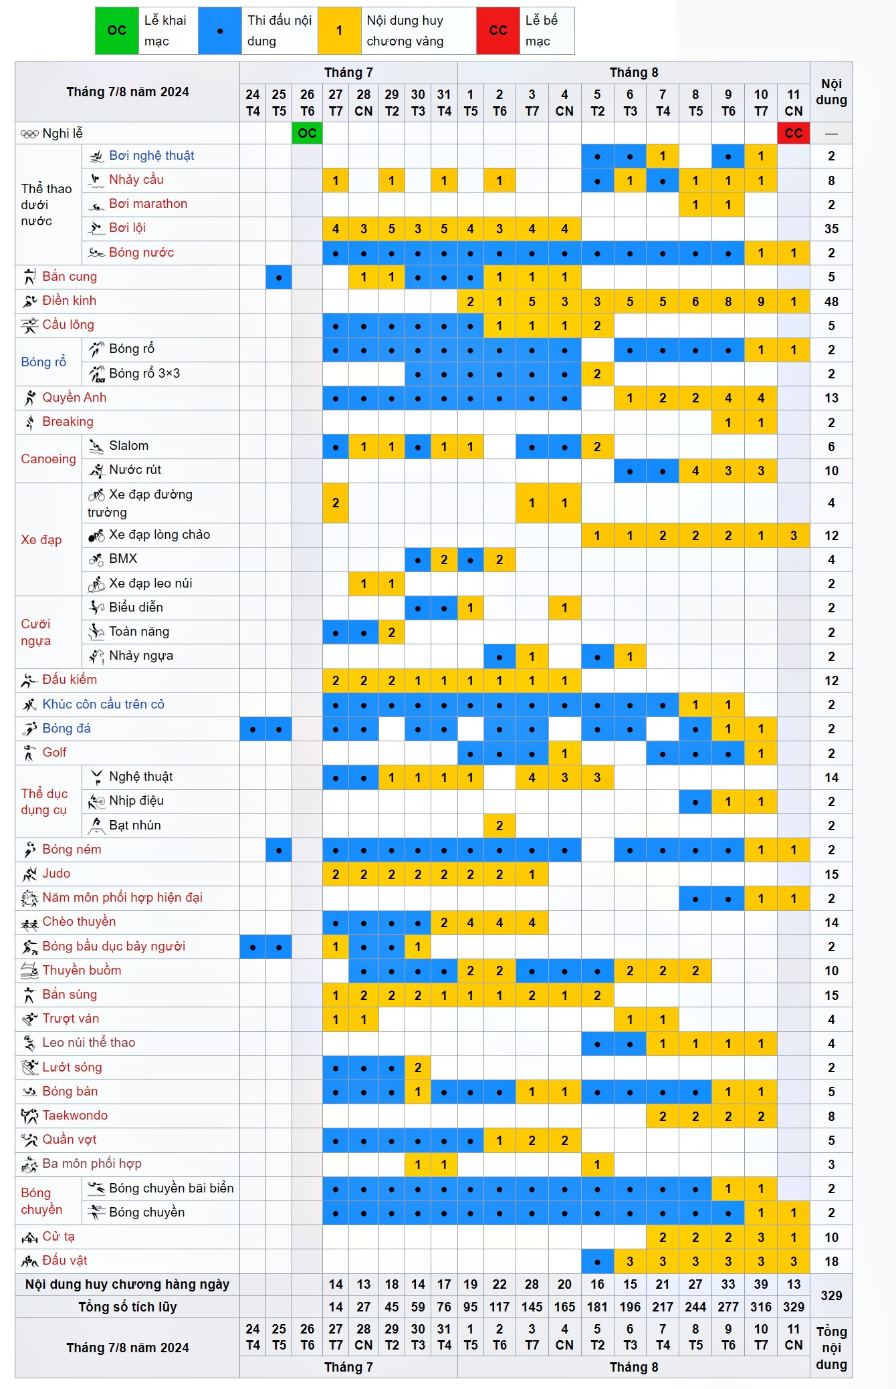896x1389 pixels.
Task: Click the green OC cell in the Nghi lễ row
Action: click(x=307, y=133)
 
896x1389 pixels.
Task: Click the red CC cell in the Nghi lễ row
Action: click(x=794, y=133)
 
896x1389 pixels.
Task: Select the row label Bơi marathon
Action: click(x=148, y=204)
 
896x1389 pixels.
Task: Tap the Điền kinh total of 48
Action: click(x=831, y=301)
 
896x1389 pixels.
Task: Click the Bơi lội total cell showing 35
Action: click(x=831, y=229)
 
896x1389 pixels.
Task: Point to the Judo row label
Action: click(x=56, y=874)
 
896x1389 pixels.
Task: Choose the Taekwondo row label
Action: click(x=75, y=1116)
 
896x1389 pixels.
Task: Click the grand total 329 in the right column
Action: click(x=831, y=1295)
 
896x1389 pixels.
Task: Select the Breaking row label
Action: click(x=68, y=422)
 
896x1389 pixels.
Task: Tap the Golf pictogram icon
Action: click(x=29, y=753)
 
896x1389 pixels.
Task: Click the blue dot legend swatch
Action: click(x=219, y=31)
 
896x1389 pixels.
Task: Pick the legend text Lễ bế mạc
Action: click(x=541, y=31)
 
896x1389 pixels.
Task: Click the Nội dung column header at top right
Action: click(x=831, y=92)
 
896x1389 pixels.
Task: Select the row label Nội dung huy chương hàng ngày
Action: click(x=127, y=1284)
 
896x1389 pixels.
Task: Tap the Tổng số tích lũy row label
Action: click(x=127, y=1307)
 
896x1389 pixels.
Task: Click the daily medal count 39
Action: click(x=761, y=1284)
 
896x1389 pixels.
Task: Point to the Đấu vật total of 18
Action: click(x=831, y=1261)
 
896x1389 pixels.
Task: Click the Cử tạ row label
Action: click(x=58, y=1237)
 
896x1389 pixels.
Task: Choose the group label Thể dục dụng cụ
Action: click(x=44, y=801)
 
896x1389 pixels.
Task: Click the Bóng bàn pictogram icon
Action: click(x=29, y=1092)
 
